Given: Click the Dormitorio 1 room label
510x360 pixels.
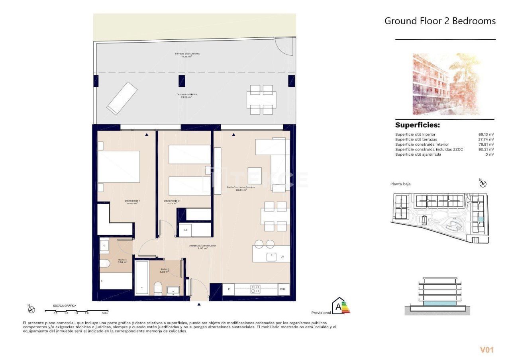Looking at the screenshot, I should click(x=133, y=201).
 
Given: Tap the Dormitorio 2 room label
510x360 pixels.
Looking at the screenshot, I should click(x=172, y=201).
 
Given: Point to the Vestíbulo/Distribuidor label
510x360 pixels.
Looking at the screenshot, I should click(x=202, y=246).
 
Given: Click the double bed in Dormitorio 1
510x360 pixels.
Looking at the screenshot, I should click(x=119, y=166).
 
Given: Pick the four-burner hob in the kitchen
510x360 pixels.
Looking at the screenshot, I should click(x=255, y=289).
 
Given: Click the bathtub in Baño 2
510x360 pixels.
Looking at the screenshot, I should click(x=142, y=277).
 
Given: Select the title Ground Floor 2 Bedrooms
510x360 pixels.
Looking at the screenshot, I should click(x=440, y=21).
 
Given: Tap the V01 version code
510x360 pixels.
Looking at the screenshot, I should click(x=486, y=350).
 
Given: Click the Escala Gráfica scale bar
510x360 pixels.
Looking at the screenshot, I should click(x=80, y=311).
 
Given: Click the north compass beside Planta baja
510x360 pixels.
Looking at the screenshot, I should click(x=483, y=184).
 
